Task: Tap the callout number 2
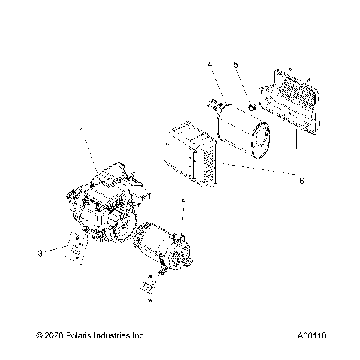(182, 199)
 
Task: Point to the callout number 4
(211, 65)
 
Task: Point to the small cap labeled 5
(253, 109)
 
